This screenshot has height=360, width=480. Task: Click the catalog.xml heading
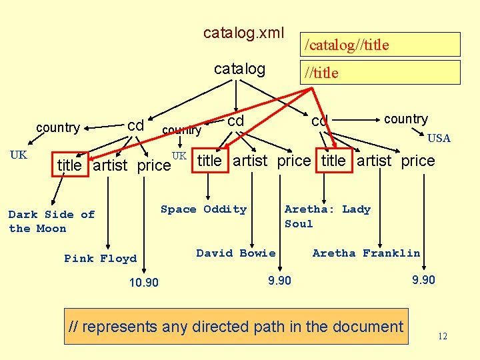[243, 33]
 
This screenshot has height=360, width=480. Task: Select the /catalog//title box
[381, 45]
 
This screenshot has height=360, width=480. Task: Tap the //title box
[381, 73]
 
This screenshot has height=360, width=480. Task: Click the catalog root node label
[239, 69]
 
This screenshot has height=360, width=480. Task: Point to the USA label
[439, 138]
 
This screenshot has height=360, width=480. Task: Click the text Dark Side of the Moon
[51, 221]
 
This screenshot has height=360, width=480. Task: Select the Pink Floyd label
[100, 259]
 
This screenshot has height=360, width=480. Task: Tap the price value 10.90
[143, 283]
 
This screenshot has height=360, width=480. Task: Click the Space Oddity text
[203, 209]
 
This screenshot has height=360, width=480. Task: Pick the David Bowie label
[235, 253]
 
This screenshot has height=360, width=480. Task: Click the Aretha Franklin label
[366, 253]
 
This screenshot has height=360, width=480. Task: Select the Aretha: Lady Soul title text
[327, 216]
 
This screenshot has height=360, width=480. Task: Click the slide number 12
[443, 337]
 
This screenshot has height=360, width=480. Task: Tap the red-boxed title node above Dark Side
[69, 165]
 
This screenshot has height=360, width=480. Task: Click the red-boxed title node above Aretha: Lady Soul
[333, 161]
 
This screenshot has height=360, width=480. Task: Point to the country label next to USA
[405, 119]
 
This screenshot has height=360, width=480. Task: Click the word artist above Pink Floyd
[110, 165]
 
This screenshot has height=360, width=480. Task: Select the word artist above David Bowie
[250, 161]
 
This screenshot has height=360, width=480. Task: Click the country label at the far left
[58, 127]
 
